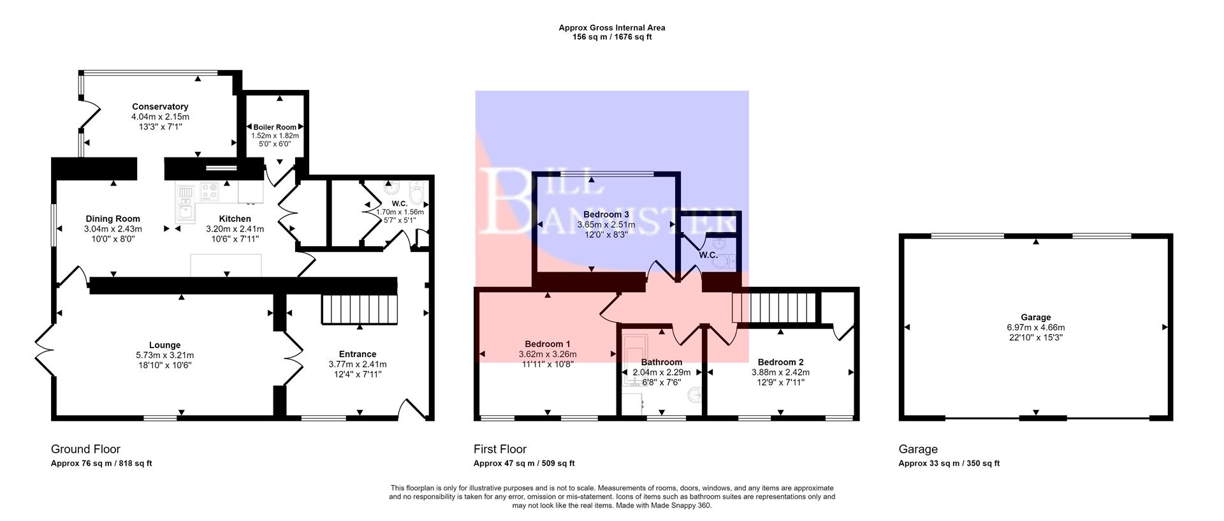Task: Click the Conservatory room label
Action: (160, 106)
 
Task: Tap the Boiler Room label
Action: (275, 127)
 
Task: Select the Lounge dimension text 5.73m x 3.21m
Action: (164, 355)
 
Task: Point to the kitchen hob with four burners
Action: (210, 191)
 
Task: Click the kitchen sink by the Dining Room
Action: (186, 209)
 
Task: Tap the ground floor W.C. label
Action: (400, 203)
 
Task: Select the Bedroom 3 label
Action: (606, 214)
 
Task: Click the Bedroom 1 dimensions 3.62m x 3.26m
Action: (547, 354)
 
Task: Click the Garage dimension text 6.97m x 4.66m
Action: (1035, 327)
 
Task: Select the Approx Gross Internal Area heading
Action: (611, 27)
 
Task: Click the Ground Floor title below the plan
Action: (85, 449)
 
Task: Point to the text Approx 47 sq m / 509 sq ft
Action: (523, 464)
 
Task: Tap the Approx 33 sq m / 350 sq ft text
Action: (949, 464)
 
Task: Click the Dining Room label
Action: (113, 219)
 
